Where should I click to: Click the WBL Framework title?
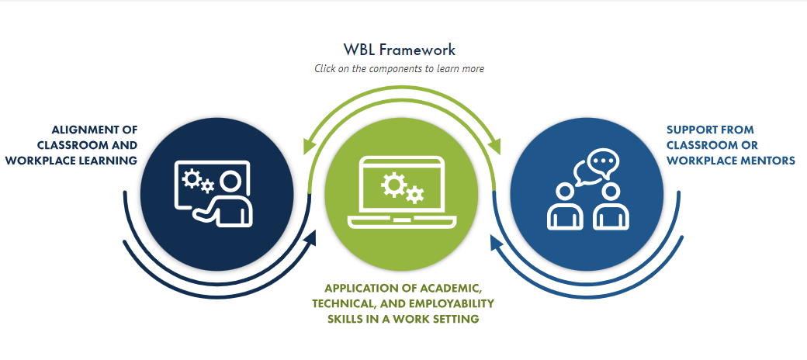[400, 50]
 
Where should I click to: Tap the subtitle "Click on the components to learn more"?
[400, 68]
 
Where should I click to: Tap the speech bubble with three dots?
[602, 162]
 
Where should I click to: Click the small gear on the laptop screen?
[415, 195]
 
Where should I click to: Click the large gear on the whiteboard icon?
[191, 178]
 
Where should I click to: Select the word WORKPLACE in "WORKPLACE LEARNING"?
[36, 161]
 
